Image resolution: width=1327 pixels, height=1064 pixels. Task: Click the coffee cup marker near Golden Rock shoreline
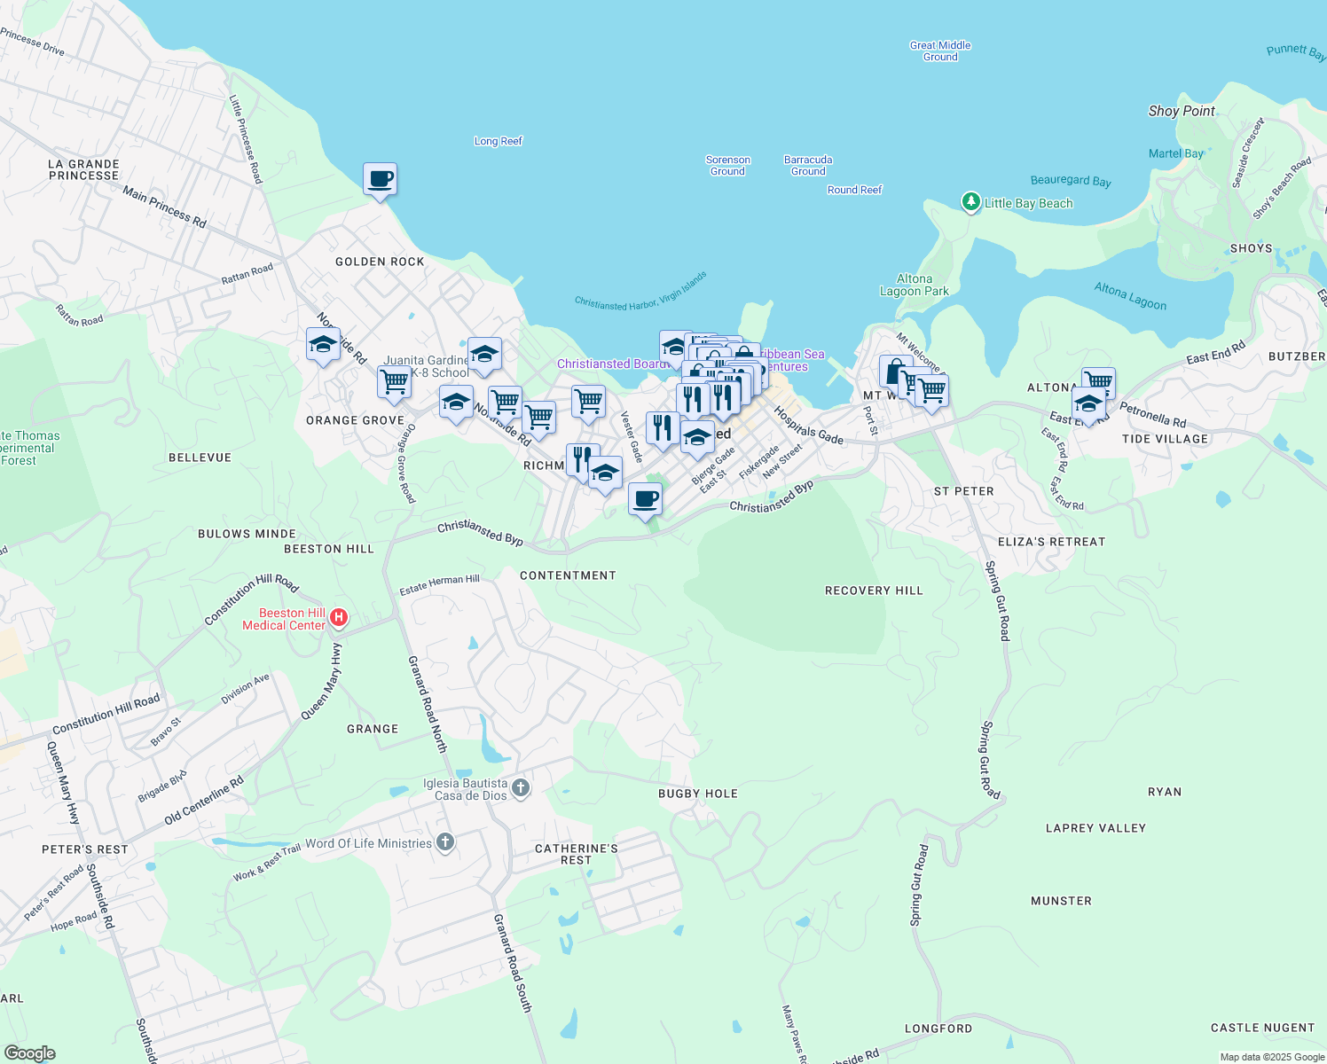click(380, 180)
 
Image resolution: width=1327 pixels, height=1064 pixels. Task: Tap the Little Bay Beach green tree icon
click(971, 202)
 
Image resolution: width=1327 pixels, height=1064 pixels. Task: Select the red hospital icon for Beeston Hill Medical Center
click(339, 617)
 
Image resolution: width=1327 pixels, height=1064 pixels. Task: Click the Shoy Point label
click(1182, 111)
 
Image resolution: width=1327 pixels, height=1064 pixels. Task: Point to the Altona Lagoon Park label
click(914, 285)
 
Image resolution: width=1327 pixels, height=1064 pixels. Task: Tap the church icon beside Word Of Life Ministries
click(445, 842)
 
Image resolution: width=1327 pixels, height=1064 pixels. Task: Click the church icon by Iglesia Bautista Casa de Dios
click(521, 787)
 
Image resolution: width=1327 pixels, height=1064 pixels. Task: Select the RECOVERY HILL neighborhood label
click(874, 591)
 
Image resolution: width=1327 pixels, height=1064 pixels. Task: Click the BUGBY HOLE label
click(698, 794)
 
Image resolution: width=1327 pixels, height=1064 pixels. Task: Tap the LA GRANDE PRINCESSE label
click(83, 169)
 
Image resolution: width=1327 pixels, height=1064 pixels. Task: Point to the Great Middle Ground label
click(940, 51)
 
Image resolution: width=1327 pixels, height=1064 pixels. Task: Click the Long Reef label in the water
click(499, 141)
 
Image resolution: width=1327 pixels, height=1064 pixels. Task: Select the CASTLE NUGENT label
click(1262, 1028)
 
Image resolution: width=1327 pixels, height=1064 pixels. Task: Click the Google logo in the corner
click(29, 1052)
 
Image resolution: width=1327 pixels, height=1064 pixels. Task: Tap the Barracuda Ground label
click(808, 166)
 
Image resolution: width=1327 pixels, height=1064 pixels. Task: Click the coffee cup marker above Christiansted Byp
click(645, 499)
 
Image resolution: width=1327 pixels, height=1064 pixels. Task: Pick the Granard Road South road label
click(513, 963)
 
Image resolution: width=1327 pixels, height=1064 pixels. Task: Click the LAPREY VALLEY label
click(1095, 828)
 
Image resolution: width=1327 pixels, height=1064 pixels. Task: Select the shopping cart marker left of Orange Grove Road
click(394, 382)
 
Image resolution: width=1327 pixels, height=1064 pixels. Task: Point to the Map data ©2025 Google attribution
click(1271, 1057)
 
